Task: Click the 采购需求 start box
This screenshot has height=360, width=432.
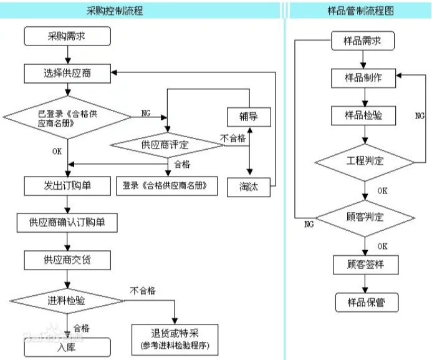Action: (x=67, y=36)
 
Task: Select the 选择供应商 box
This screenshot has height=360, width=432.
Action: (x=67, y=74)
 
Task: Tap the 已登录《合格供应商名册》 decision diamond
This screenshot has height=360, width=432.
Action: (x=67, y=116)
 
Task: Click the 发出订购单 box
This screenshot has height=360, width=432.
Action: (x=67, y=186)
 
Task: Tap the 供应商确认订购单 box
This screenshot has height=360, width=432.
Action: (x=67, y=222)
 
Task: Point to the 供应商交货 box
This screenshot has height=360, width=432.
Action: (x=67, y=259)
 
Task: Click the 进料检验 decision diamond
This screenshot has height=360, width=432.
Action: (x=67, y=300)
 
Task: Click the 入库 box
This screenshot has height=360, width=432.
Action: (x=67, y=348)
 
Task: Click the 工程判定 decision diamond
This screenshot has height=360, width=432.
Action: (x=365, y=161)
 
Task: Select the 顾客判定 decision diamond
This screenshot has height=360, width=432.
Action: (x=365, y=218)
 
